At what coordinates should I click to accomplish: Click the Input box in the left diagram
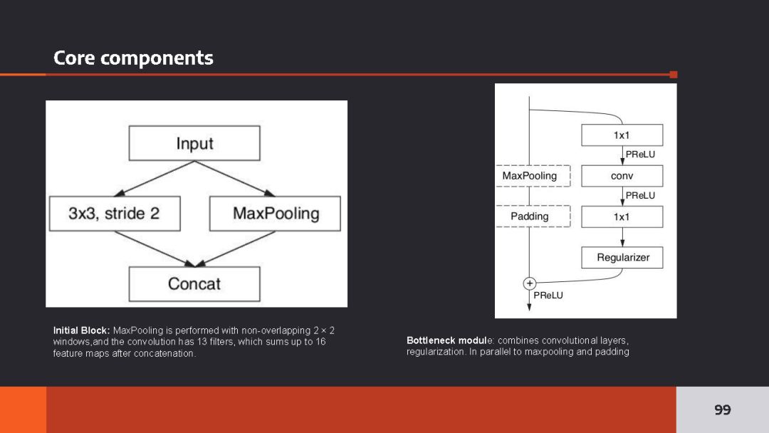click(194, 143)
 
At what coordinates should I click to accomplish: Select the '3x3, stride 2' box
click(115, 213)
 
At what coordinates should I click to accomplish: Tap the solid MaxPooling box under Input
click(276, 213)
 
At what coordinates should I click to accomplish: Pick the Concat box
click(194, 283)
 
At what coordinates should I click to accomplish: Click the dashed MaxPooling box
click(530, 176)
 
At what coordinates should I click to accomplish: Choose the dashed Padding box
click(530, 216)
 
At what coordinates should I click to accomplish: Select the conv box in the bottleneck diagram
click(622, 176)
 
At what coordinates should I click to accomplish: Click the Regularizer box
click(622, 257)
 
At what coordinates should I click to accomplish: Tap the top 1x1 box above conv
click(622, 135)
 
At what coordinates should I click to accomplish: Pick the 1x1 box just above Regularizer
click(622, 216)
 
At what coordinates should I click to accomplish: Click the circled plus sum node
click(530, 283)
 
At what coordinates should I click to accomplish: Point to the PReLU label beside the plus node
click(548, 295)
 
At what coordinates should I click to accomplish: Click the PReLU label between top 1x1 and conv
click(640, 154)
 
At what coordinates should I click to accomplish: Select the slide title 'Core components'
click(133, 58)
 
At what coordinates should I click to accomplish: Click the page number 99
click(722, 409)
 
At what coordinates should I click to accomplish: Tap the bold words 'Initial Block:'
click(81, 330)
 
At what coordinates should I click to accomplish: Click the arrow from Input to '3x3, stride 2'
click(154, 179)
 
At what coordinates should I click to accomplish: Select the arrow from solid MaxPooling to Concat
click(235, 249)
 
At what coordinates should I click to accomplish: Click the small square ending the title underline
click(674, 74)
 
